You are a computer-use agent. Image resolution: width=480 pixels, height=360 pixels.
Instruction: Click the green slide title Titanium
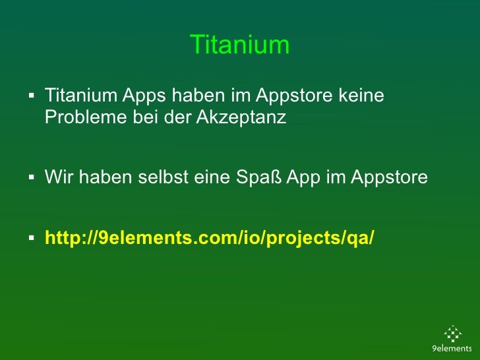(x=239, y=45)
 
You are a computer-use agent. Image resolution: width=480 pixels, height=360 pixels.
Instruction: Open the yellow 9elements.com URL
(x=209, y=237)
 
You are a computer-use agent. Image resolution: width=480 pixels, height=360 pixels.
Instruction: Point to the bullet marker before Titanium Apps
(x=31, y=97)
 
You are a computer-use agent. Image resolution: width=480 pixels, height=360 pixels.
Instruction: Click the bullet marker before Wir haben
(x=31, y=177)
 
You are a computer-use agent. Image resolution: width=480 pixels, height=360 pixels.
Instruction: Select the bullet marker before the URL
(x=31, y=237)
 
